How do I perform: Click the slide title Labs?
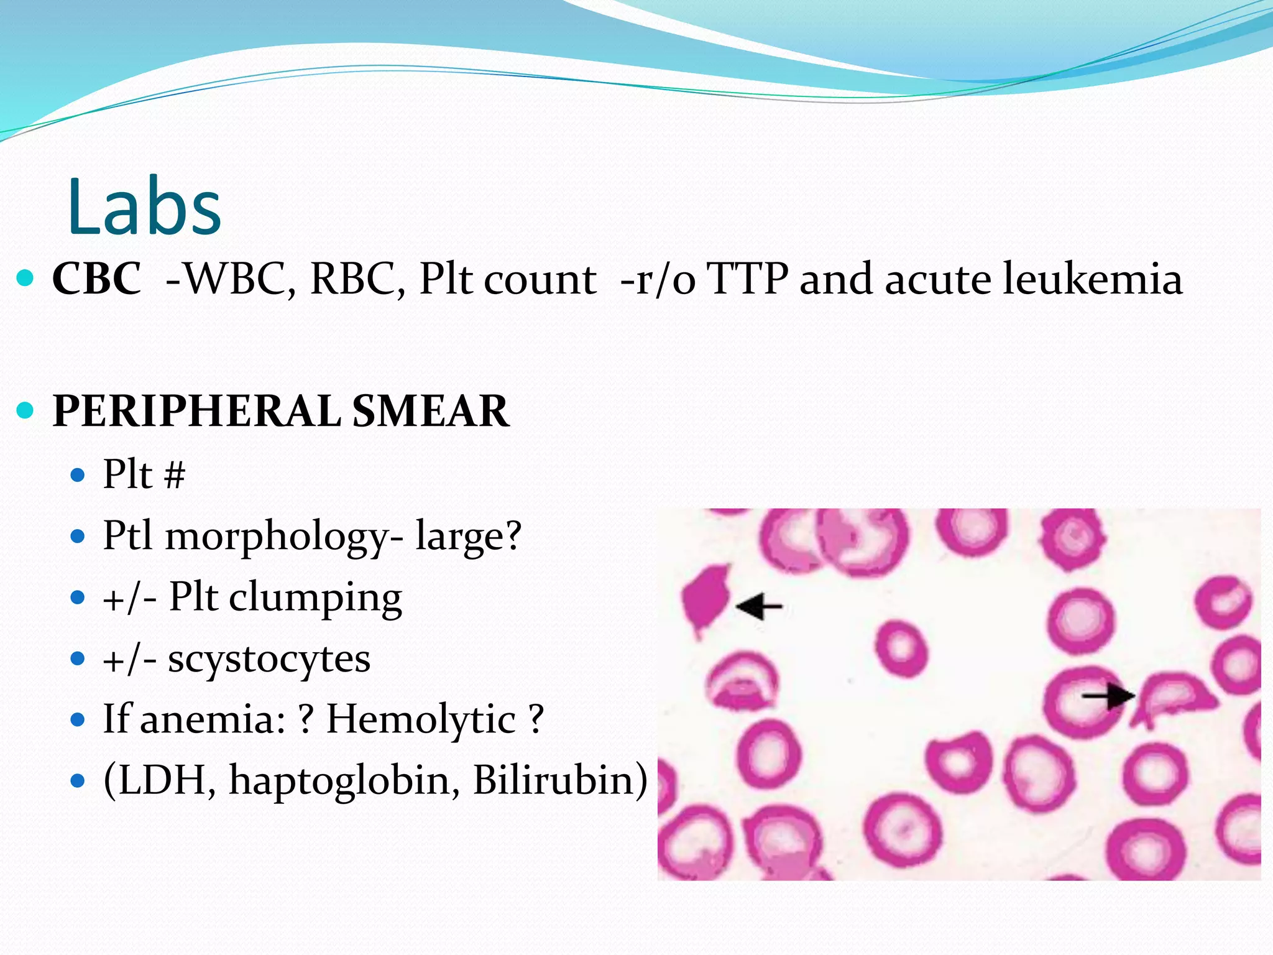(x=144, y=206)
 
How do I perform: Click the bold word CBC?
(x=97, y=278)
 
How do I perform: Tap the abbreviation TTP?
(x=748, y=278)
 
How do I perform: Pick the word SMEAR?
(x=430, y=411)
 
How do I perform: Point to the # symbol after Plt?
(x=175, y=476)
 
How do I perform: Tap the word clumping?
(x=315, y=597)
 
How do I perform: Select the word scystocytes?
(x=269, y=658)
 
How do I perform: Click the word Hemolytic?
(x=421, y=719)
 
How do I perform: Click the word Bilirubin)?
(x=560, y=779)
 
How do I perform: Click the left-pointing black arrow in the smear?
(x=758, y=606)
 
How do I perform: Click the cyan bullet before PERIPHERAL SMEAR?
(x=25, y=411)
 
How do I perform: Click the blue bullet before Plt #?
(x=78, y=476)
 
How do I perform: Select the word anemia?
(x=213, y=719)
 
